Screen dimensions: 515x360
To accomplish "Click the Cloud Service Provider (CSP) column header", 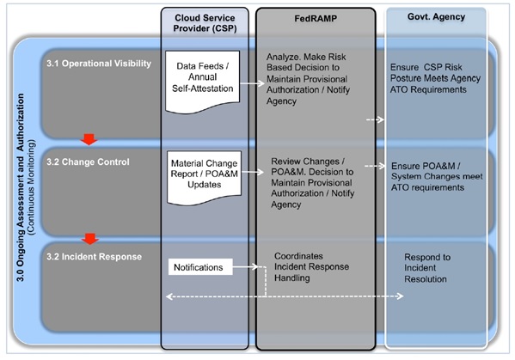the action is click(x=205, y=23).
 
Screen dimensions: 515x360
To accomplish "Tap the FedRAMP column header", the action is click(x=316, y=18).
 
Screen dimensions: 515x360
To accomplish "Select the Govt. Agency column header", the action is click(x=436, y=17).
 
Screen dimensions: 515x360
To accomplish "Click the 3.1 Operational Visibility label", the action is click(x=99, y=64).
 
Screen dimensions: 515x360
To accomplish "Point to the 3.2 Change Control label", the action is click(x=88, y=162).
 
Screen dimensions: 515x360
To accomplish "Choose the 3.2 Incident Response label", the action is click(x=94, y=257).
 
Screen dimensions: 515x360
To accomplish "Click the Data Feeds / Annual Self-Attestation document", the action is click(x=202, y=82).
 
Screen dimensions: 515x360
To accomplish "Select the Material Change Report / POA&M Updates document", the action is click(x=204, y=178).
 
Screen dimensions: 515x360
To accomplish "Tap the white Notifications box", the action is click(x=200, y=267).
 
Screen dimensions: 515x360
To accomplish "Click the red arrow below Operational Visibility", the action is click(x=89, y=139).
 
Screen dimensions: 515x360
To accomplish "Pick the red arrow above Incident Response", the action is click(x=90, y=239).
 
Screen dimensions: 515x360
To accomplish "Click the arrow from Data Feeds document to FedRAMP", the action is click(x=252, y=83).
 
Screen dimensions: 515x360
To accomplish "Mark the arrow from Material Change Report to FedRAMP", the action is click(x=253, y=172).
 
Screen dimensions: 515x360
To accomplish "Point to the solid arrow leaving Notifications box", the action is click(x=245, y=267).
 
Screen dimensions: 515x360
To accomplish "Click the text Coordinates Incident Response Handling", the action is click(x=311, y=267).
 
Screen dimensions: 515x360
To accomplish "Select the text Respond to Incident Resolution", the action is click(x=427, y=268).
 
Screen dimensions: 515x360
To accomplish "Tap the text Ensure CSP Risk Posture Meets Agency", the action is click(x=435, y=72).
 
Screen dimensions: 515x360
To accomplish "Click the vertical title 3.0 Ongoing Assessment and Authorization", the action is click(x=21, y=187).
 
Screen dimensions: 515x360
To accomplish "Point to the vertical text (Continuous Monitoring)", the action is click(x=32, y=187).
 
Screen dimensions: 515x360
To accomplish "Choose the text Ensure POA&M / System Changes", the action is click(x=437, y=171).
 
